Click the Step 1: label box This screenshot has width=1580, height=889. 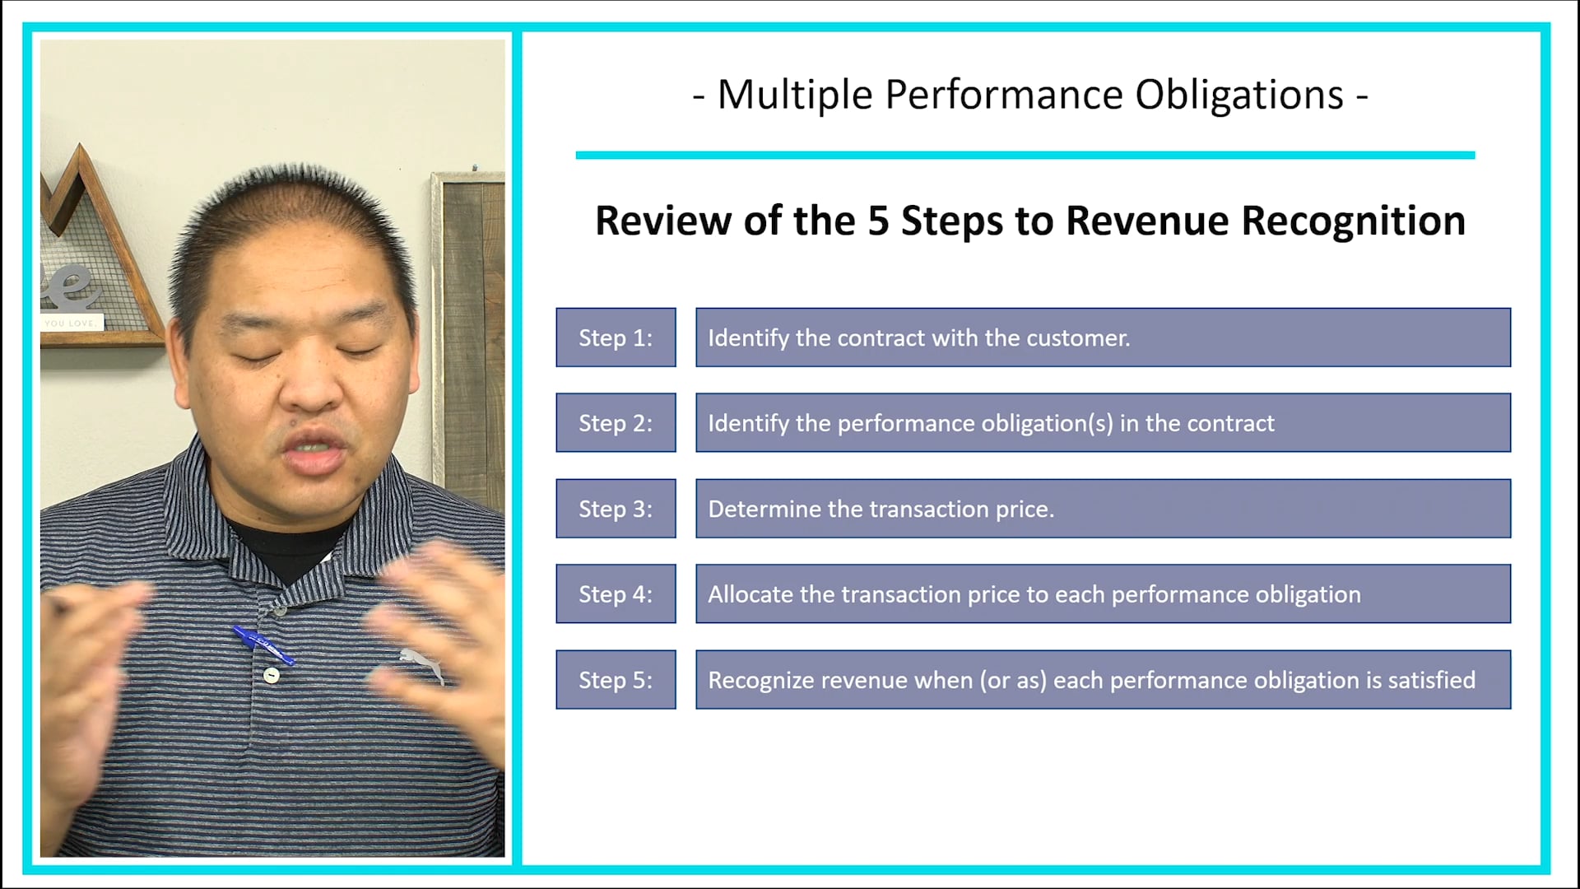616,337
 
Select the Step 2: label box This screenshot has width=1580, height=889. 616,423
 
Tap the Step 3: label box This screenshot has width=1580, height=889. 616,509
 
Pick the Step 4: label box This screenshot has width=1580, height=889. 616,594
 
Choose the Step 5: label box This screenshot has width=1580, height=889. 616,680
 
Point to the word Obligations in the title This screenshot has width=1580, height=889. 1239,95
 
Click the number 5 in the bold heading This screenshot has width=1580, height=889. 878,221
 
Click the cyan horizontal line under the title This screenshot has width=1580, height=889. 1025,155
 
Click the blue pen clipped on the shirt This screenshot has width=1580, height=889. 263,645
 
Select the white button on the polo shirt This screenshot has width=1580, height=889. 271,675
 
